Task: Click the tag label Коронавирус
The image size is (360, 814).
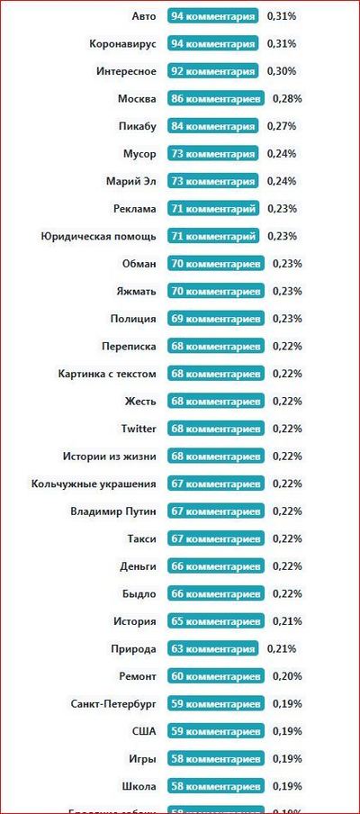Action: pos(123,44)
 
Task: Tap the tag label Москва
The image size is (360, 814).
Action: pos(137,99)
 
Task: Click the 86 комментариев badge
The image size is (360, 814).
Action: pos(215,99)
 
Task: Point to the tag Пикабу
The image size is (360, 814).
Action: pos(137,126)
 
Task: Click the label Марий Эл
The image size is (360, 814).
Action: pos(130,181)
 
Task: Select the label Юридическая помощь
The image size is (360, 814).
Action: pos(98,237)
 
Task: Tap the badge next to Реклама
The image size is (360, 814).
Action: pos(212,209)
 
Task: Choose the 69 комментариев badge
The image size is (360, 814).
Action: pos(215,319)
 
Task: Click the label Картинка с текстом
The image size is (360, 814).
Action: pos(107,374)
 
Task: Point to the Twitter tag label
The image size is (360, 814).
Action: pos(139,429)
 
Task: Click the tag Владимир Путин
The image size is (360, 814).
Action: pos(113,511)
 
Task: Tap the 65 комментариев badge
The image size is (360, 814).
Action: pos(215,621)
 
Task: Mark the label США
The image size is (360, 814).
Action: pos(144,731)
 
